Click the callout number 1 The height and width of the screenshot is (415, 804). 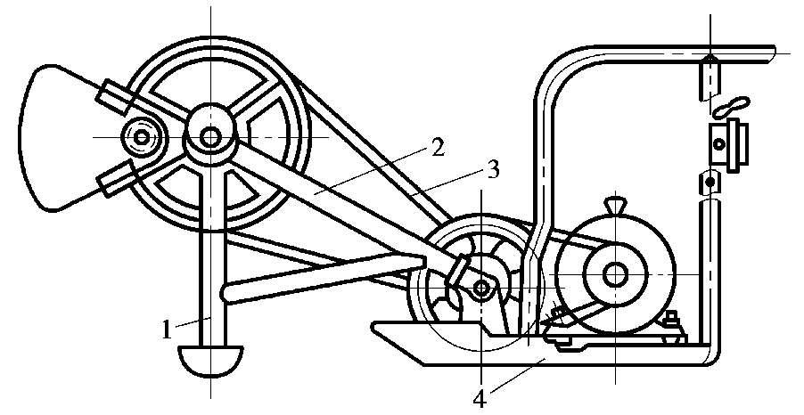pos(166,330)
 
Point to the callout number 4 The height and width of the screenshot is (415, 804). pos(480,396)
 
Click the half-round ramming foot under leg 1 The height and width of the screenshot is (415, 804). pos(211,360)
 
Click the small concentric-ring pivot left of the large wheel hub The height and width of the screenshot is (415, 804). pos(141,137)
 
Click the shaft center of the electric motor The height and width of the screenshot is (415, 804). pos(614,274)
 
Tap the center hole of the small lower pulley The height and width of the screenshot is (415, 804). pos(482,287)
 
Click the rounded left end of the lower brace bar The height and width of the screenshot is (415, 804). pos(229,290)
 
